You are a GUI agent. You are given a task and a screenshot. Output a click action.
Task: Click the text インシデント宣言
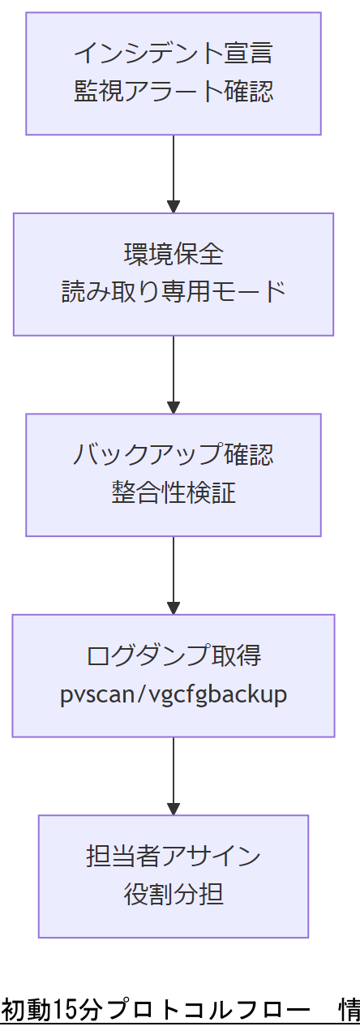click(174, 54)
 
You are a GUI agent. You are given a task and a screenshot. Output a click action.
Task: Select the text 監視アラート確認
click(174, 92)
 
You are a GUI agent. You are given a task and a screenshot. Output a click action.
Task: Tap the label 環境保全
click(174, 254)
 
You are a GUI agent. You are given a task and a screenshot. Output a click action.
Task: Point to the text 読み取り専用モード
click(174, 292)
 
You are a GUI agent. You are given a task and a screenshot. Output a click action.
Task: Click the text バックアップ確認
click(174, 454)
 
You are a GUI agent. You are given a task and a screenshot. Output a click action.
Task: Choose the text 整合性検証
click(174, 492)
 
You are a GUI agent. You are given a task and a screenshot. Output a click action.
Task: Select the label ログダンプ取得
click(174, 655)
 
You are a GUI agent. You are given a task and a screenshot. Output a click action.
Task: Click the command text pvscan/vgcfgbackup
click(174, 694)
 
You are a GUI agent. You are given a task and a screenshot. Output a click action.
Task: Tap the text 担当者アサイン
click(174, 856)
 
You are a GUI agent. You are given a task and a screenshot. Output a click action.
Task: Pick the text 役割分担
click(174, 895)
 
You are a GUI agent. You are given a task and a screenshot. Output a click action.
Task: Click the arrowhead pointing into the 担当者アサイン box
click(174, 809)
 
